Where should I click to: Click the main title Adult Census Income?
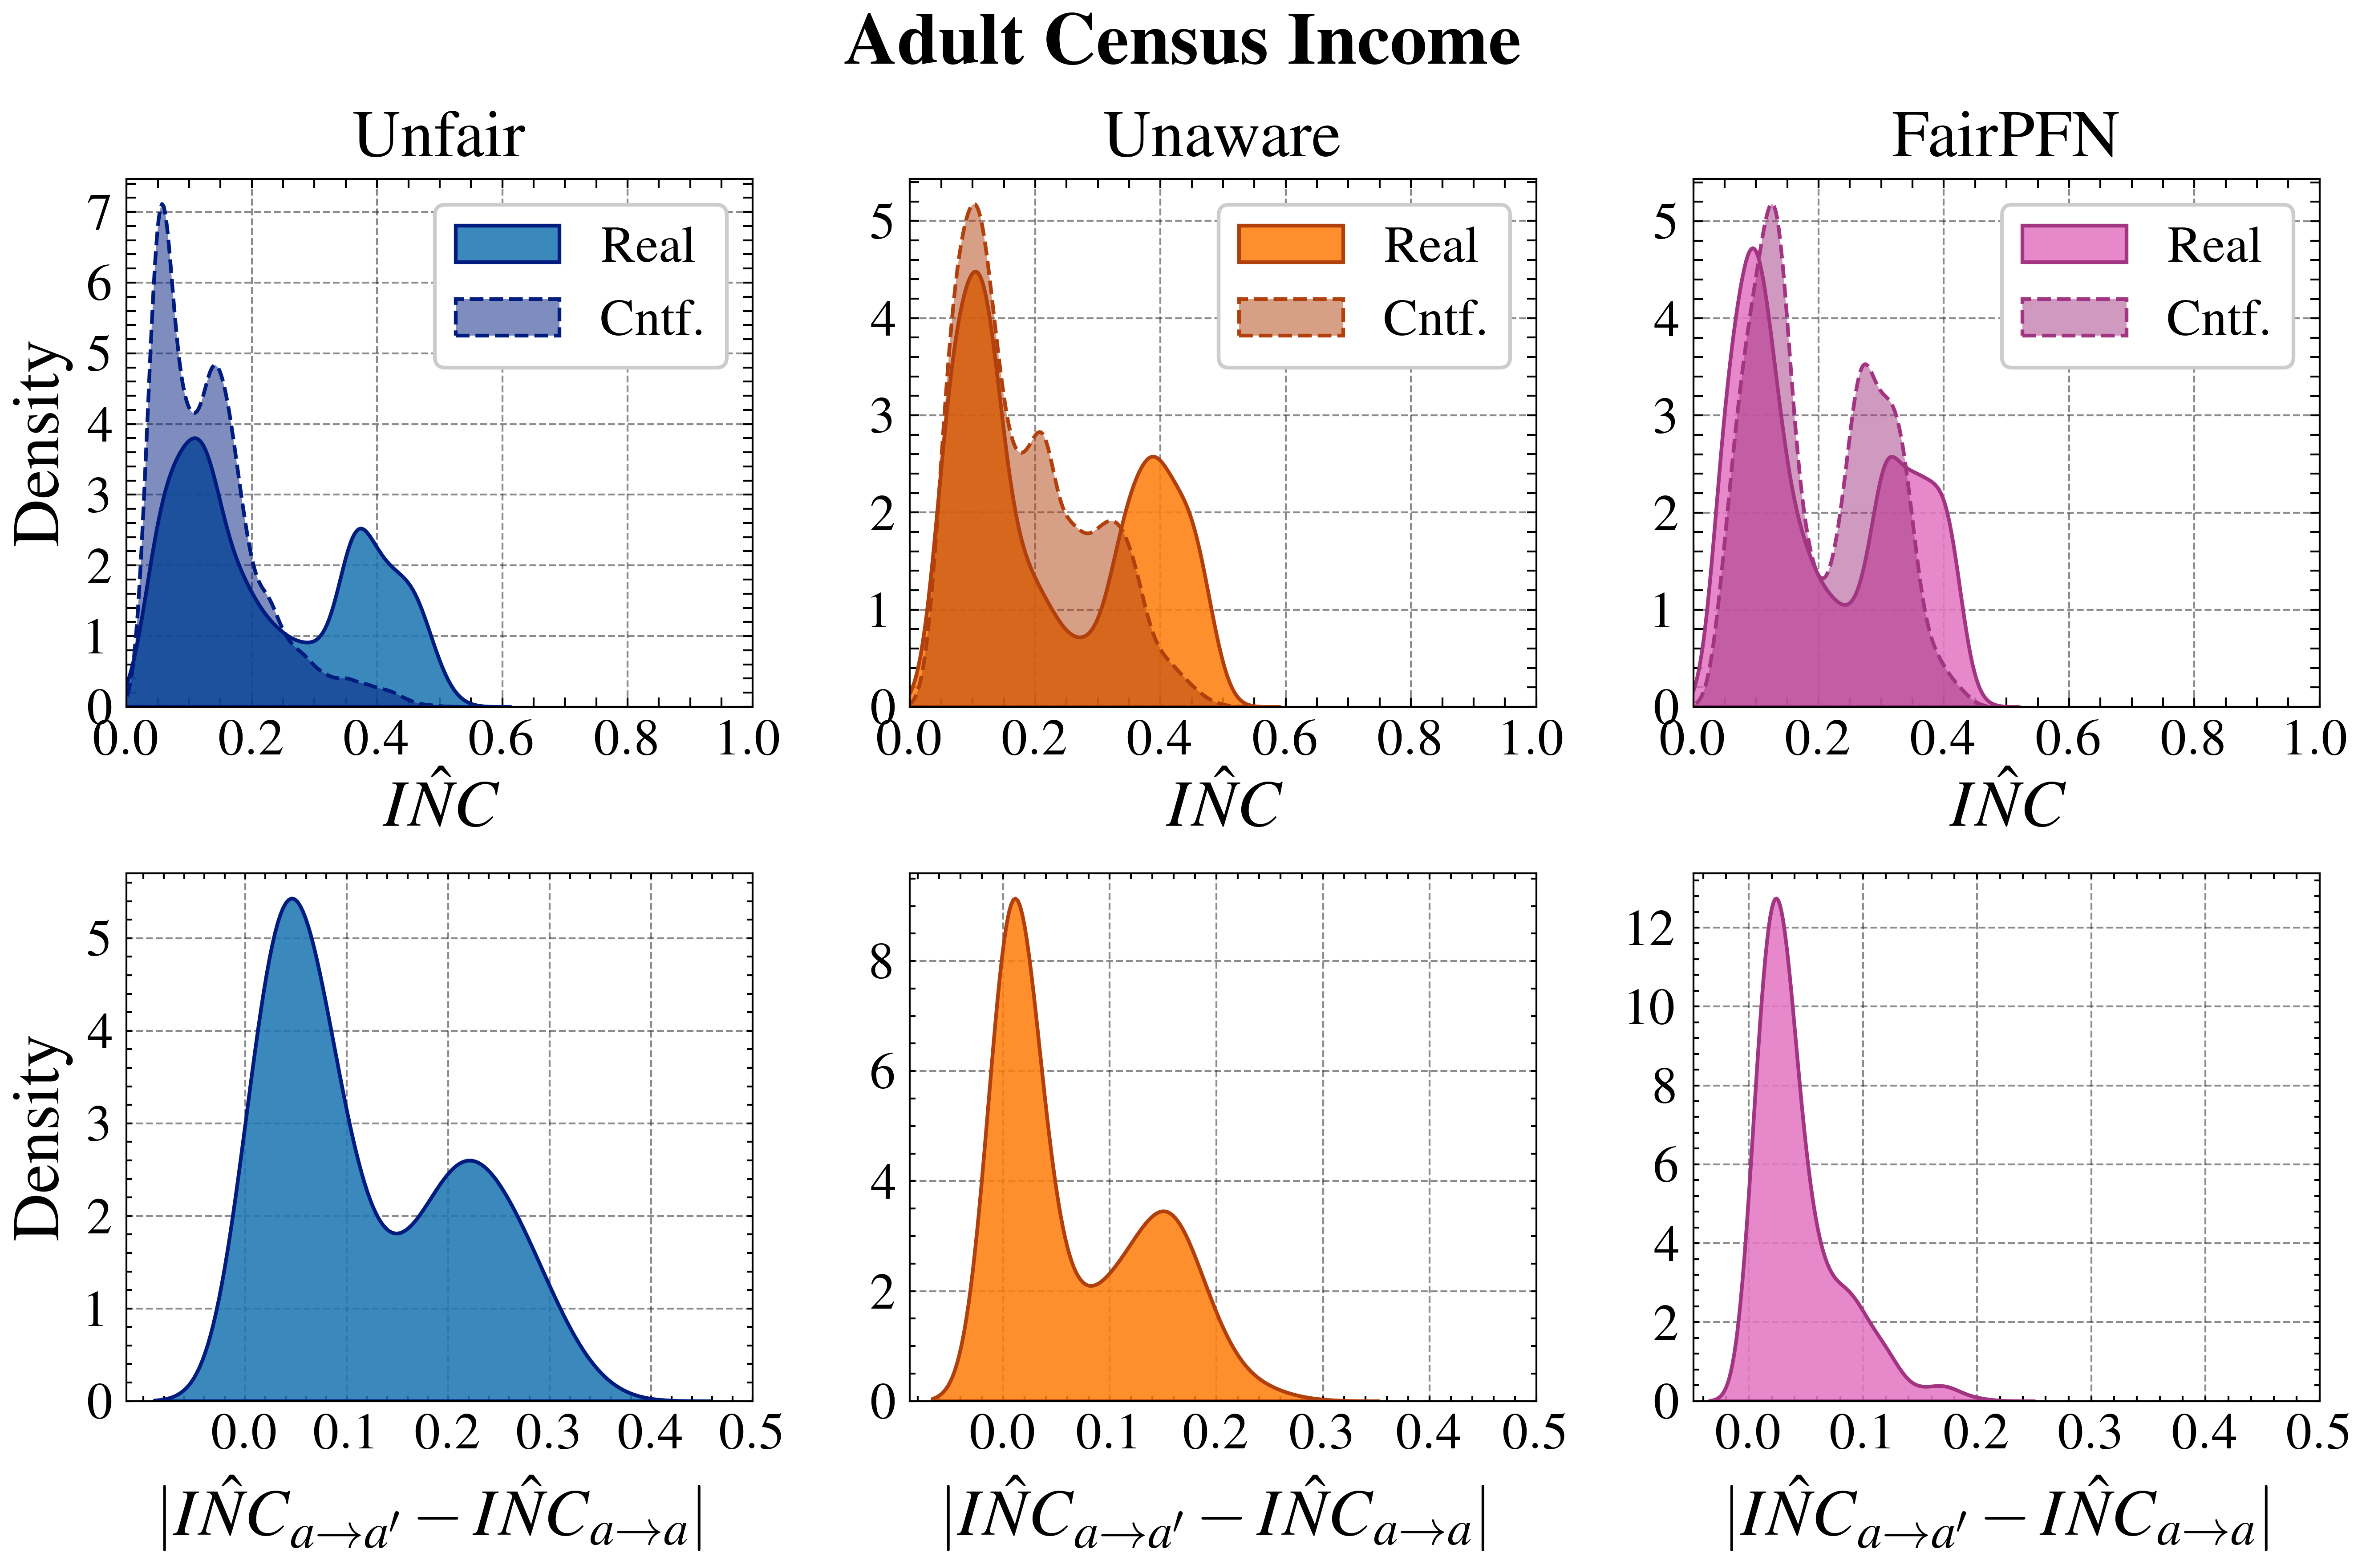(x=1183, y=42)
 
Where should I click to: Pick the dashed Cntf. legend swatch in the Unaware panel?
(x=1290, y=317)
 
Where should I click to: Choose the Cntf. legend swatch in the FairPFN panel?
(x=2074, y=317)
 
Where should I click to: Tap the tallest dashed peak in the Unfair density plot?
(x=162, y=207)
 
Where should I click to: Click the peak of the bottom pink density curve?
(x=1775, y=900)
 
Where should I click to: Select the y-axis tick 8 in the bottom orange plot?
(x=882, y=962)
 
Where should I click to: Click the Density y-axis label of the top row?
(x=40, y=444)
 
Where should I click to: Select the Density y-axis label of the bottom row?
(x=40, y=1138)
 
